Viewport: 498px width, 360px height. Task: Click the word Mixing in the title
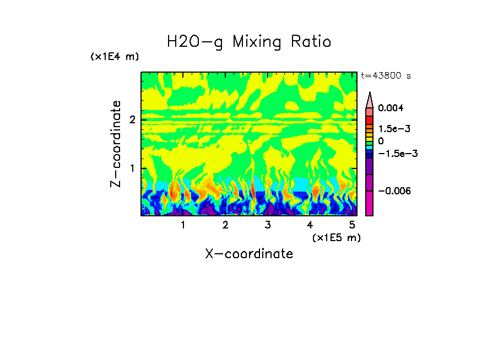pyautogui.click(x=257, y=42)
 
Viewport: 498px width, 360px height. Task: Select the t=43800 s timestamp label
pyautogui.click(x=386, y=75)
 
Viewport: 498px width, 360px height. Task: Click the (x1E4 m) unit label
pyautogui.click(x=115, y=57)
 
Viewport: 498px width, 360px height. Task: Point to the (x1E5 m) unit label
pyautogui.click(x=336, y=237)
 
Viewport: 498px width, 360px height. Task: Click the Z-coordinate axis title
pyautogui.click(x=116, y=144)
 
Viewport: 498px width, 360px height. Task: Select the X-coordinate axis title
pyautogui.click(x=249, y=254)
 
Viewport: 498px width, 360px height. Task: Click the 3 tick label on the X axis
pyautogui.click(x=267, y=225)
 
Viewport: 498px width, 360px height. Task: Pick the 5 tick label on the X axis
pyautogui.click(x=352, y=225)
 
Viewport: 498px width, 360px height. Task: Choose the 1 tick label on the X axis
pyautogui.click(x=183, y=225)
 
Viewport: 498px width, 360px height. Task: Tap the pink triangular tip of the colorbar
pyautogui.click(x=370, y=100)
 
